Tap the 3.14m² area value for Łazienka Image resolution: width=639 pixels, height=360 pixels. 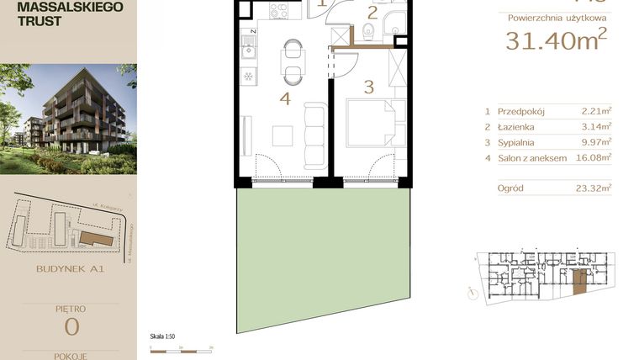click(x=596, y=126)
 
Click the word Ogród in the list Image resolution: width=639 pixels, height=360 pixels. click(x=510, y=188)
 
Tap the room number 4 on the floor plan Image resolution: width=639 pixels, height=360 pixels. click(x=285, y=99)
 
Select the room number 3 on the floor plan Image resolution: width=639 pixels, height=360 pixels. click(x=368, y=86)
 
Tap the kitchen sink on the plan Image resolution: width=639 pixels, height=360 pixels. click(x=249, y=50)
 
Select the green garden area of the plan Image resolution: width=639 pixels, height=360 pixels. click(x=319, y=252)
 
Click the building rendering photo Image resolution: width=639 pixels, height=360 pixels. click(x=68, y=118)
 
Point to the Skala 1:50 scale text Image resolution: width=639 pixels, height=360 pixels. click(x=161, y=336)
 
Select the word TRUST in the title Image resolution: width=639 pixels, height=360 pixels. click(x=39, y=21)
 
